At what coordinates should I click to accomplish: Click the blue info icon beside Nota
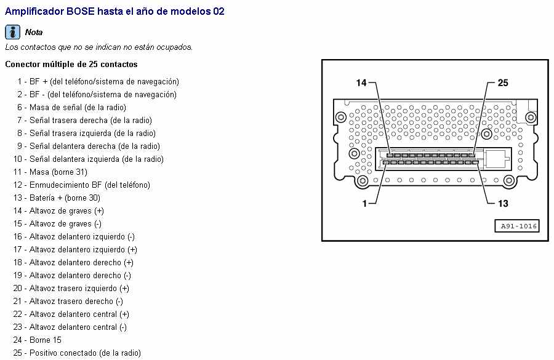coord(12,32)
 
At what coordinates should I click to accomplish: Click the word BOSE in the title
coord(81,11)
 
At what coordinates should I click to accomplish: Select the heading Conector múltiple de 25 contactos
coord(71,64)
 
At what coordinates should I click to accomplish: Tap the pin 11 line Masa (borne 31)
coord(50,172)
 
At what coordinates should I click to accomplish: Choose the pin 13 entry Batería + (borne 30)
coord(57,198)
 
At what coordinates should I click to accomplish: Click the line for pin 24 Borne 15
coord(38,340)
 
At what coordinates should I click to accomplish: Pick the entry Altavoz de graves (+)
coord(58,211)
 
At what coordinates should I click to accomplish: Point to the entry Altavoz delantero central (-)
coord(70,327)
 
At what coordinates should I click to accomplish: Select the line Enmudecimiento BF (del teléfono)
coord(82,185)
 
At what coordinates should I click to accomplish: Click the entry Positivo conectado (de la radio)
coord(77,353)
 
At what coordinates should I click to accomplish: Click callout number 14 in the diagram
coord(361,83)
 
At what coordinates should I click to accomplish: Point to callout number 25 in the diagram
coord(503,83)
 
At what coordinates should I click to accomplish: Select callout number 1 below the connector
coord(364,204)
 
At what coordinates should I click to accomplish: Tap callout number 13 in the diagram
coord(503,204)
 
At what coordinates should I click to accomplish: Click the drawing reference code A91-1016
coord(517,226)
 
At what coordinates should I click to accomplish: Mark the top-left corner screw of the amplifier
coord(341,117)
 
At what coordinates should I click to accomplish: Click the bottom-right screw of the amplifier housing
coord(509,181)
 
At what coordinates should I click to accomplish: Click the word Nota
coord(34,32)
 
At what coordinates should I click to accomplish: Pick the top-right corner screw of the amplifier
coord(531,117)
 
